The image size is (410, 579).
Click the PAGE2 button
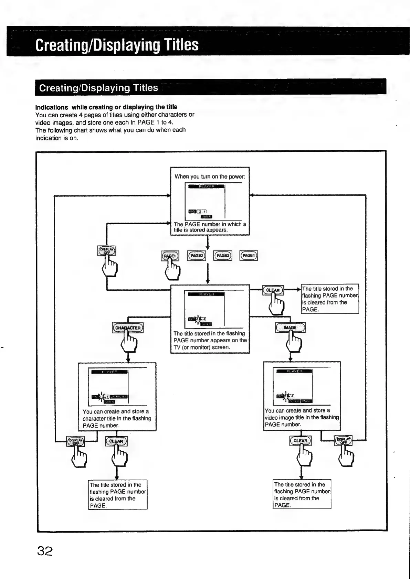(197, 256)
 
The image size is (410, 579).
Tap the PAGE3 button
(223, 256)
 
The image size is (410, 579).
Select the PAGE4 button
(249, 255)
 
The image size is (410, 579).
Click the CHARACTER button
(128, 328)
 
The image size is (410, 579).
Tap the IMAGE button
(290, 328)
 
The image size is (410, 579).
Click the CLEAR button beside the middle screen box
(273, 290)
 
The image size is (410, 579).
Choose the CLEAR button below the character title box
(116, 441)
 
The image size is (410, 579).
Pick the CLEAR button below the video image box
(301, 441)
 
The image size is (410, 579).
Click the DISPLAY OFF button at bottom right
(343, 441)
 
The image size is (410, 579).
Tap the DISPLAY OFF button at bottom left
(75, 441)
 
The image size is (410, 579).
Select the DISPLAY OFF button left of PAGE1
(107, 251)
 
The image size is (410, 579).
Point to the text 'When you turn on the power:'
(210, 176)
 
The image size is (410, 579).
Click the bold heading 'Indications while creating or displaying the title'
(106, 107)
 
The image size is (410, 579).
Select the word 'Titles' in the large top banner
(181, 45)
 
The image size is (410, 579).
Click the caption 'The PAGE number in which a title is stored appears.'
(210, 227)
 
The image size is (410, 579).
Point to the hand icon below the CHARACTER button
(129, 344)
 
